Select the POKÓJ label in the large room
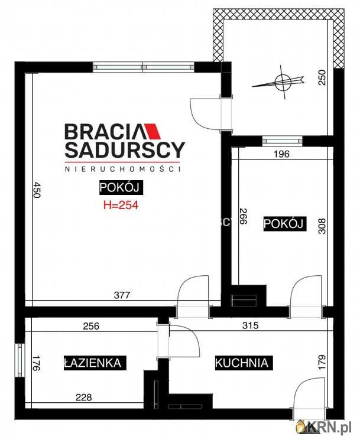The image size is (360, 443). click(121, 188)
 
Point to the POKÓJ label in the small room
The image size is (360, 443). click(284, 224)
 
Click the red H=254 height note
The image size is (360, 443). click(121, 205)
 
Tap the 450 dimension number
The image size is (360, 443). click(37, 190)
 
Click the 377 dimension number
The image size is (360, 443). click(122, 295)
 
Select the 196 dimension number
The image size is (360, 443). click(281, 154)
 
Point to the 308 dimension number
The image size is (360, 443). click(322, 226)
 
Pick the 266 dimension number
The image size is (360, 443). click(243, 216)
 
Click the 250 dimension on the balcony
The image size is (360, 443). click(322, 78)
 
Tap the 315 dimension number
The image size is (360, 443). click(250, 325)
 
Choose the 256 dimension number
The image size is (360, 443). click(91, 326)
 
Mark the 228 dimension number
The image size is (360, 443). click(84, 398)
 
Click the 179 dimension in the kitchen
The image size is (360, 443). click(322, 363)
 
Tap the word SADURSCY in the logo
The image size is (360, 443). click(125, 150)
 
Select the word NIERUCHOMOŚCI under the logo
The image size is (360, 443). click(122, 169)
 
